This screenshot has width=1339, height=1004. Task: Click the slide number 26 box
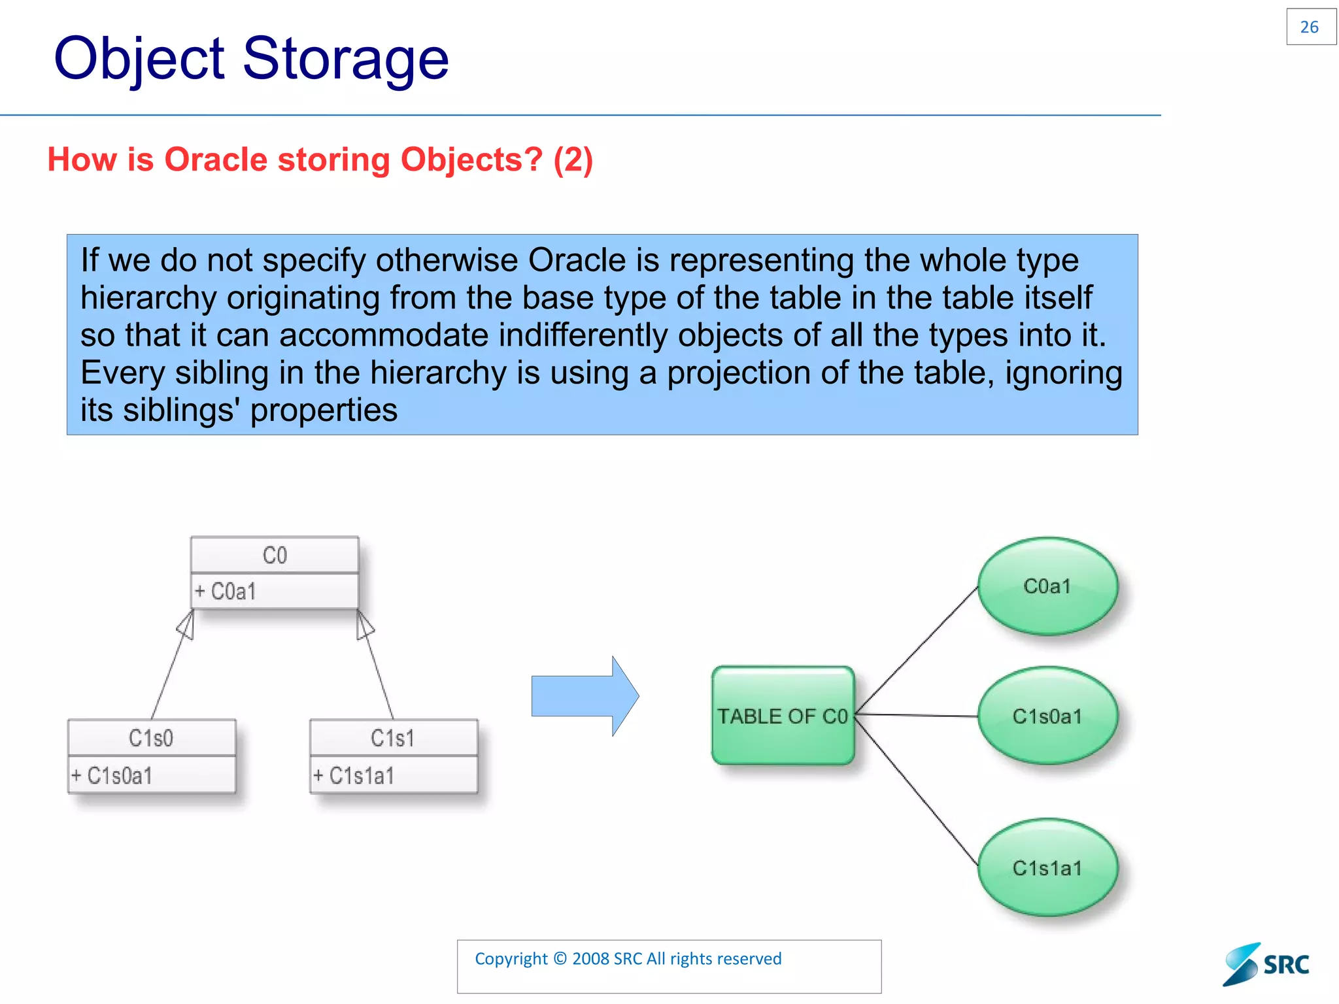(1310, 27)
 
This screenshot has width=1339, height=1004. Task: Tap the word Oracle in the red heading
(216, 159)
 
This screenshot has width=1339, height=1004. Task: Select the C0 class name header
(275, 555)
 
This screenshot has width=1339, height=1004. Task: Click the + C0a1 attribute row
(275, 592)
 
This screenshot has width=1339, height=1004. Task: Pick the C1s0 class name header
(151, 738)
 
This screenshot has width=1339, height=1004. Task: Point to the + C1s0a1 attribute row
(151, 775)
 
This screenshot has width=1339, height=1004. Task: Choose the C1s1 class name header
(393, 738)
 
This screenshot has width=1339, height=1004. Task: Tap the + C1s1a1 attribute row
(393, 775)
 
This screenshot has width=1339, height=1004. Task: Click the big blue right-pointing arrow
(585, 696)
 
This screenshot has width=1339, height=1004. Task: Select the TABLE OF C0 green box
(783, 716)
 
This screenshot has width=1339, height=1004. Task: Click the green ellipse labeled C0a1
(1047, 586)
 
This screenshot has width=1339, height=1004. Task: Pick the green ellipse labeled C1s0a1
(1047, 716)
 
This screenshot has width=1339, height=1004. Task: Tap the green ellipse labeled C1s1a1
(1047, 867)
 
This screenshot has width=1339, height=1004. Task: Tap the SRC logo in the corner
(1266, 964)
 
